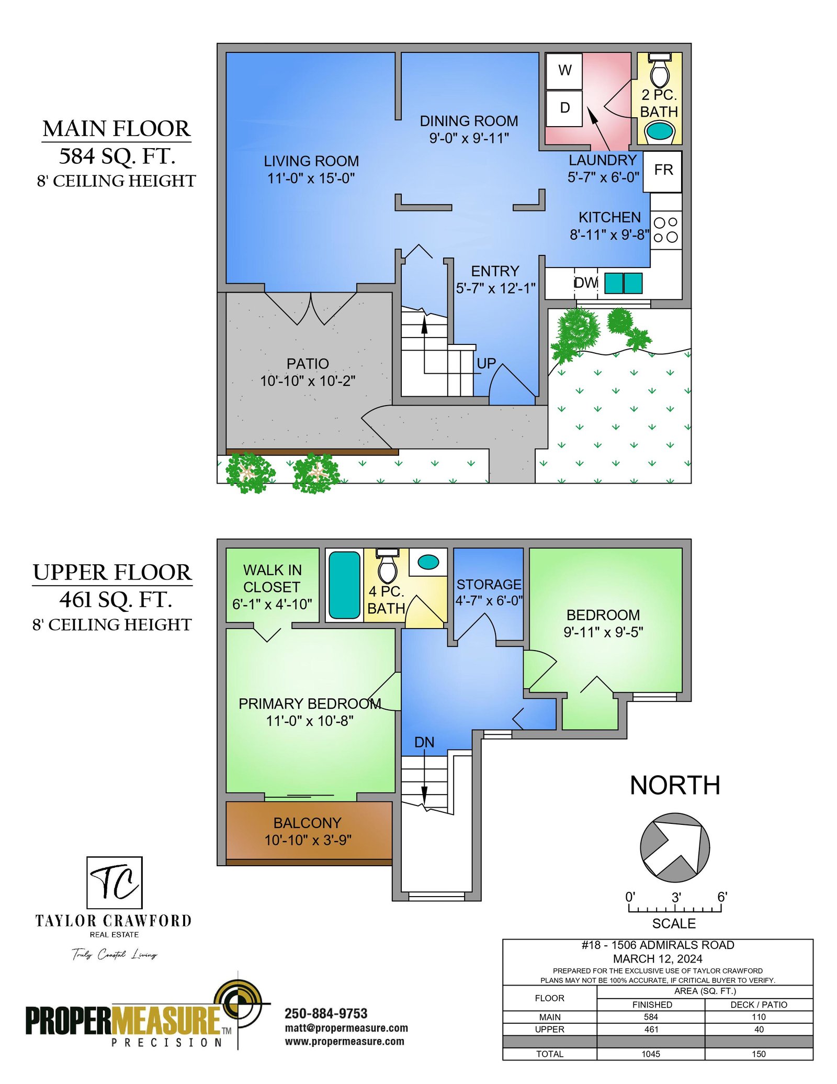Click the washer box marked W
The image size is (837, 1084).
564,71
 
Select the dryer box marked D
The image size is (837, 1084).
564,108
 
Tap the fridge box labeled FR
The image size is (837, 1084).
662,171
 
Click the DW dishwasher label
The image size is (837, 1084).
586,283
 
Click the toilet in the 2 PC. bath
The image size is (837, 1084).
660,70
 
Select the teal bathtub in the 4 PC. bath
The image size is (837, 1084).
344,585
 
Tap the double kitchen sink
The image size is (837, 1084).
624,283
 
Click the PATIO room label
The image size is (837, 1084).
308,364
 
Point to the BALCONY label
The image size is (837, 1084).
308,823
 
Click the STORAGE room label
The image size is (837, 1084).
489,584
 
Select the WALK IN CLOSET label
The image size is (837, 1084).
272,578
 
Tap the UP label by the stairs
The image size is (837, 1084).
486,363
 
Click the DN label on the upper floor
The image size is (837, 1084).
424,742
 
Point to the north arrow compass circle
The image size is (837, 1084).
675,847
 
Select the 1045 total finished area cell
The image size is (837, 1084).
651,1054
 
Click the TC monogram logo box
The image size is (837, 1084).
114,882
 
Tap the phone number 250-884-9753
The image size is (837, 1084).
326,1013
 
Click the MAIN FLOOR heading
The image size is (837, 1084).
117,129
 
